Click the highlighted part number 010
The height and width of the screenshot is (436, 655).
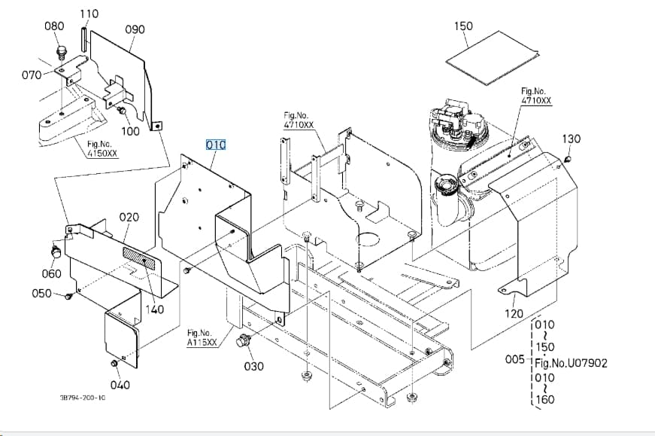(216, 145)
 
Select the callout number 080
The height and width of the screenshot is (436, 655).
(54, 26)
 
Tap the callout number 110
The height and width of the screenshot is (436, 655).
(89, 14)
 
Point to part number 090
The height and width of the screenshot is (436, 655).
(135, 29)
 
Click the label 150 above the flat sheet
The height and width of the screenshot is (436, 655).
(463, 26)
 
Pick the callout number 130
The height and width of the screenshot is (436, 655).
(571, 139)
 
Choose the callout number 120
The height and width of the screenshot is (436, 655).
(514, 313)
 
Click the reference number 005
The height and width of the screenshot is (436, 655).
(514, 359)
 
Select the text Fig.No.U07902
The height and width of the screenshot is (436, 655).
(571, 363)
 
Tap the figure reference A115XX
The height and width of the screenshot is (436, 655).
(202, 343)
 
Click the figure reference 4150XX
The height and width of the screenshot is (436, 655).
(102, 153)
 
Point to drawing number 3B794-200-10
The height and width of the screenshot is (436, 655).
(83, 397)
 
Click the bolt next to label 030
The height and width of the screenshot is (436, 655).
(242, 341)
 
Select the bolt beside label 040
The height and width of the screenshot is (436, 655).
(114, 363)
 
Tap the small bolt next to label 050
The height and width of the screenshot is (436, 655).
(68, 296)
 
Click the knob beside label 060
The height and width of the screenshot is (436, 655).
(55, 252)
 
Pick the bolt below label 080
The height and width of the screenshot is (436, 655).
(62, 52)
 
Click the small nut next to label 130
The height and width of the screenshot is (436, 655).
(567, 159)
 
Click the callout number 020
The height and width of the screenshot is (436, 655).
(129, 217)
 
